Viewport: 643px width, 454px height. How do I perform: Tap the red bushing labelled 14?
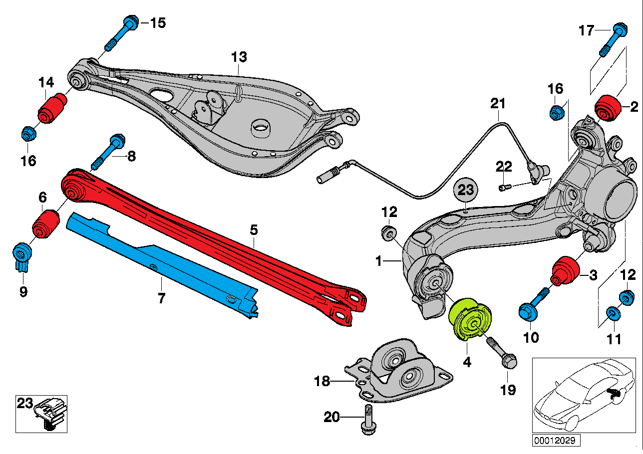click(52, 108)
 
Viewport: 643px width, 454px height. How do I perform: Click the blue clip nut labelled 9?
click(21, 255)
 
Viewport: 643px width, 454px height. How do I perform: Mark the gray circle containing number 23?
click(465, 190)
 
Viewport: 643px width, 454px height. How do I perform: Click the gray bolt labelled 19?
click(501, 352)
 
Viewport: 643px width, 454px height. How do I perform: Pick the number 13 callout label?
click(239, 57)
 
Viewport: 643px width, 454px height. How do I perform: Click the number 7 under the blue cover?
click(161, 298)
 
